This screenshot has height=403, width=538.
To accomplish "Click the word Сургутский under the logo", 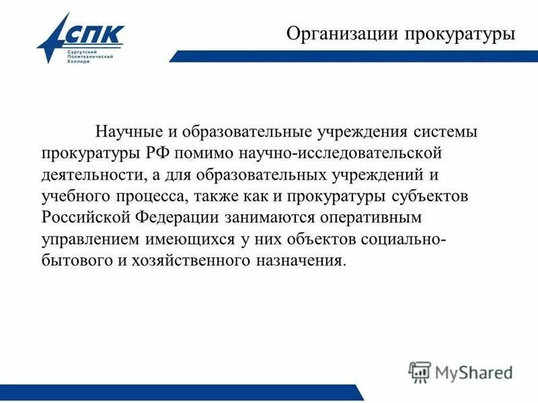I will point(84,52).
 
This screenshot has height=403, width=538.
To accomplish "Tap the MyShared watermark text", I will point(474,371).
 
